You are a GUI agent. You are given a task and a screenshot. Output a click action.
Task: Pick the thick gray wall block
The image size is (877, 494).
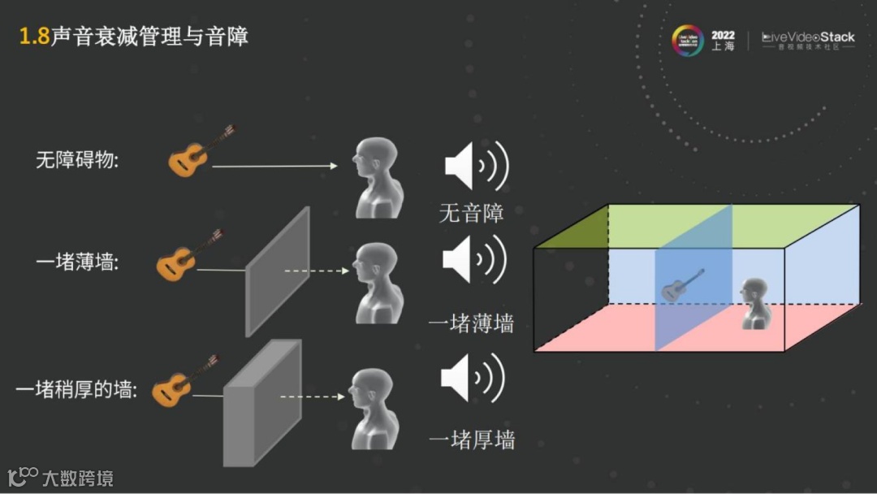(x=261, y=403)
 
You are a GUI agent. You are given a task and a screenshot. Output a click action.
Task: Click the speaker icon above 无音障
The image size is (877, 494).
(x=476, y=167)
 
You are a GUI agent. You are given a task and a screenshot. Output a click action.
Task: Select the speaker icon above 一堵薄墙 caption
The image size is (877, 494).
(x=474, y=261)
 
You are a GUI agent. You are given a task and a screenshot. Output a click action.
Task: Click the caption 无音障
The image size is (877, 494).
(x=471, y=213)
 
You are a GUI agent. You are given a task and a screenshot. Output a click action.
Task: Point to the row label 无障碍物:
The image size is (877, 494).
(x=77, y=160)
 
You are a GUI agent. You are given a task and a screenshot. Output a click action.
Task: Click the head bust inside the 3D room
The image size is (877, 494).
(x=754, y=303)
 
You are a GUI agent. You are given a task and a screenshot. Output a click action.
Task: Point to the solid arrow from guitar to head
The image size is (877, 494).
(x=274, y=166)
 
